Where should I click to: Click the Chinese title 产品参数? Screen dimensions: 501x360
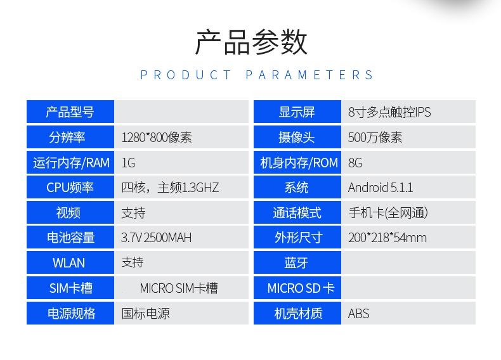coord(251,42)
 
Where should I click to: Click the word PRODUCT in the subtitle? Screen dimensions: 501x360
coord(186,75)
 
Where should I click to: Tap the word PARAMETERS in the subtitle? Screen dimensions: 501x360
coord(309,75)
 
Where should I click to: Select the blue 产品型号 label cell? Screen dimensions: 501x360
coord(70,112)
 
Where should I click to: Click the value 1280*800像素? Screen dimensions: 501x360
coord(157,138)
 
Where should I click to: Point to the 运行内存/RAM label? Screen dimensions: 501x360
coord(71,163)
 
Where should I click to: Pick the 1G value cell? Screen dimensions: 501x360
coord(181,163)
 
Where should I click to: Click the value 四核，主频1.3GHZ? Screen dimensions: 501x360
coord(170,188)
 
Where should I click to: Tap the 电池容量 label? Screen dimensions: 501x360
coord(70,238)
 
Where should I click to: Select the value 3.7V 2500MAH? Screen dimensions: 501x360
coord(156,238)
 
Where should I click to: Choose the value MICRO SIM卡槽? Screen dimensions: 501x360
coord(179,288)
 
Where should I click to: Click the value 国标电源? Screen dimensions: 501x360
coord(145,313)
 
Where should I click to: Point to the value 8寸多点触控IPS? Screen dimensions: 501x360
coord(389,112)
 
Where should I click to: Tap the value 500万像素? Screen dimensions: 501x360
coord(375,138)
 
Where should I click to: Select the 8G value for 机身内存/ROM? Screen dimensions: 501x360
coord(355,163)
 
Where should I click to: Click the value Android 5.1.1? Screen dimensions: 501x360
coord(381,188)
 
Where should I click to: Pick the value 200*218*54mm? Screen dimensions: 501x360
coord(387,238)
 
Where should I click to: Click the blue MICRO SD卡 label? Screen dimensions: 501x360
coord(297,288)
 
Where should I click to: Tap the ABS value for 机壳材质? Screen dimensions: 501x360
coord(358,313)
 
